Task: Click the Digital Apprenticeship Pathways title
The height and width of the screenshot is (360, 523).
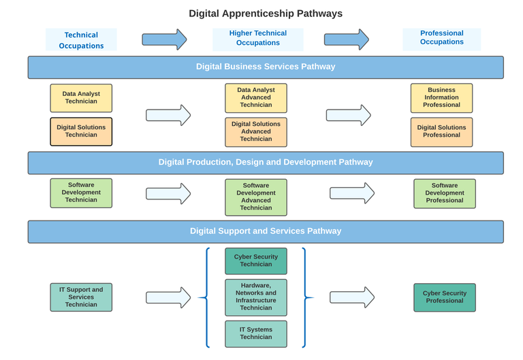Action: [x=266, y=13]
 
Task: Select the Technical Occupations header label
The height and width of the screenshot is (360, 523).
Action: [x=81, y=40]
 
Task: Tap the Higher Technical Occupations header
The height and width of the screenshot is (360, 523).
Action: [x=257, y=38]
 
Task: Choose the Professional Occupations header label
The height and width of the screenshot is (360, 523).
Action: [x=441, y=38]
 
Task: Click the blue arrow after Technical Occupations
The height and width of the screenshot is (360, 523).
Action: [x=164, y=39]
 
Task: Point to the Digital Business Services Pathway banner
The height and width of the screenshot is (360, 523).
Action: [x=266, y=67]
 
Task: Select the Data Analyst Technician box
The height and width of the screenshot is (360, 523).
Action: [x=81, y=98]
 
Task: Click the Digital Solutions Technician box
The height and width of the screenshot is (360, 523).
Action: [x=81, y=131]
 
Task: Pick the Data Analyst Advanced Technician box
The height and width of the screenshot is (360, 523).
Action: [x=256, y=98]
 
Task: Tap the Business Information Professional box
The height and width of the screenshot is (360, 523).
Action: [x=441, y=98]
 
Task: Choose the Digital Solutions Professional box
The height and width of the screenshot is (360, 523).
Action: [x=441, y=131]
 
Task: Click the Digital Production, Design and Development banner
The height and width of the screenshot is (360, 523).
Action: [x=266, y=163]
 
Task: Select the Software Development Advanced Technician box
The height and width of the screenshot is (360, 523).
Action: [x=256, y=197]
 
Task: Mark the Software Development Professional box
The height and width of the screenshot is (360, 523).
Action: [x=445, y=193]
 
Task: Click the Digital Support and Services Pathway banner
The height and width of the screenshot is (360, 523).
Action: [x=266, y=231]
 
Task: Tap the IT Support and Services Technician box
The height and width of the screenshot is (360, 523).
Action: [x=81, y=297]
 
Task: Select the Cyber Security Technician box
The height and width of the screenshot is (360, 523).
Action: [x=256, y=261]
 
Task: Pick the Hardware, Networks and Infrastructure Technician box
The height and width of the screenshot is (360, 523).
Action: [x=256, y=297]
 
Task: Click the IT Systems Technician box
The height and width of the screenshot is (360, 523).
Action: [x=256, y=333]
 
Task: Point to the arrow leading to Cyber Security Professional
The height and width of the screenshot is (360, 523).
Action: [x=352, y=297]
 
